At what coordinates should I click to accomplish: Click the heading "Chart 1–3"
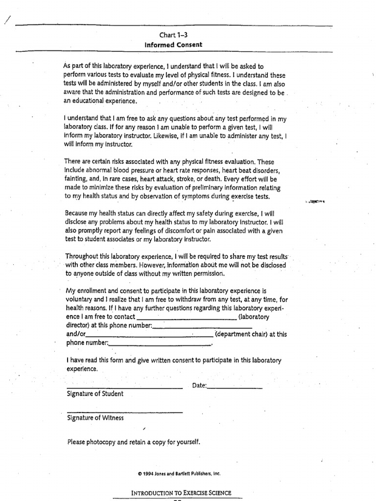(174, 35)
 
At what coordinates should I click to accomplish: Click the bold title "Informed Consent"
(174, 45)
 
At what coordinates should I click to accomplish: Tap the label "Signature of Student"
(95, 393)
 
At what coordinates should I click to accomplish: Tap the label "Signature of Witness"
(95, 418)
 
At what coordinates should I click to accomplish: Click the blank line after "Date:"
(235, 388)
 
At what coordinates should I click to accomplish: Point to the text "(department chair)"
(241, 335)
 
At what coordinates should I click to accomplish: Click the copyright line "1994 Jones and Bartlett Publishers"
(179, 473)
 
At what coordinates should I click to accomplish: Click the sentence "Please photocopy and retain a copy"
(134, 442)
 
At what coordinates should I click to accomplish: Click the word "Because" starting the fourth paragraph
(77, 213)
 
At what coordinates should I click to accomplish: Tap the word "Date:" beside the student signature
(199, 386)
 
